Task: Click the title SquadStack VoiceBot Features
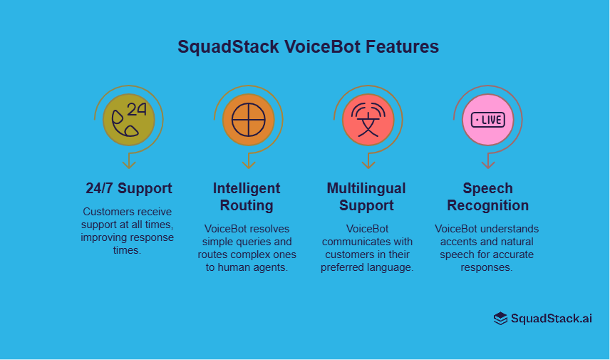[x=308, y=47]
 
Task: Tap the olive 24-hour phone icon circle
[x=128, y=119]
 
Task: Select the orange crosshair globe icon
[x=248, y=119]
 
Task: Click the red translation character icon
[x=368, y=119]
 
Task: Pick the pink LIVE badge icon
[x=487, y=119]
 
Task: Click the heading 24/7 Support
[x=128, y=189]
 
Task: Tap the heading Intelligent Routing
[x=247, y=197]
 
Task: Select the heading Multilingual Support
[x=366, y=197]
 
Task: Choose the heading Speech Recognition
[x=487, y=197]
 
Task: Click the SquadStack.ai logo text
[x=551, y=319]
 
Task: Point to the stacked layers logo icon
[x=500, y=319]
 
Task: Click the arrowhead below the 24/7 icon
[x=128, y=164]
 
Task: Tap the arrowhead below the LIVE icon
[x=487, y=164]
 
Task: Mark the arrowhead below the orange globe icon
[x=248, y=164]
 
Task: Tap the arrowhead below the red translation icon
[x=368, y=164]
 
